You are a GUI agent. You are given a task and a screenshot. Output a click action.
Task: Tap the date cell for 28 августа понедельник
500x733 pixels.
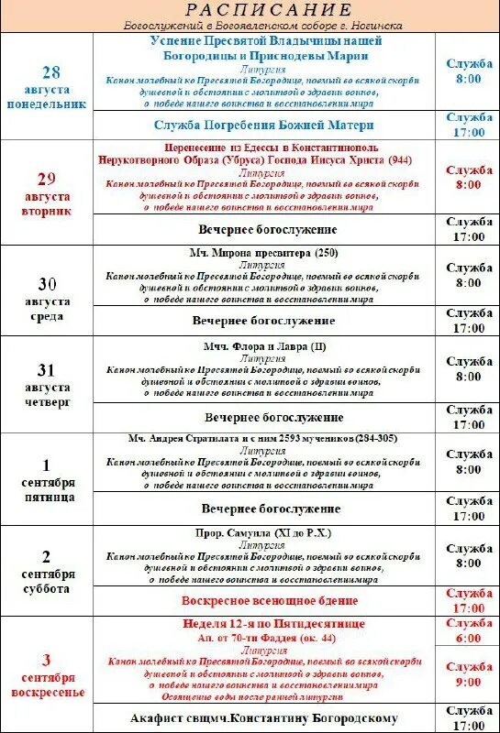click(51, 87)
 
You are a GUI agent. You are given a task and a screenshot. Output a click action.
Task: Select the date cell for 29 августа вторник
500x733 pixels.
click(52, 192)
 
